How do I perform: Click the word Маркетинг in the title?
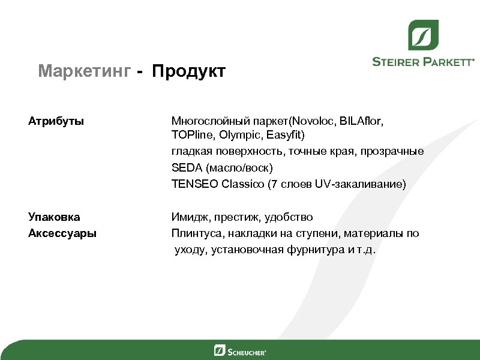[x=84, y=72]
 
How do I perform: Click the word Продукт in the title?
[x=188, y=72]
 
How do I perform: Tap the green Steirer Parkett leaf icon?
[x=423, y=35]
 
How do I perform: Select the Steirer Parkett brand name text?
[x=423, y=61]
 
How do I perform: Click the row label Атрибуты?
[x=56, y=121]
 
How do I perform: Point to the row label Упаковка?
[x=54, y=217]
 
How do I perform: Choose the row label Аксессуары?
[x=62, y=233]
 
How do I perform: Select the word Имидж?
[x=187, y=217]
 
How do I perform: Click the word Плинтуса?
[x=194, y=233]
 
